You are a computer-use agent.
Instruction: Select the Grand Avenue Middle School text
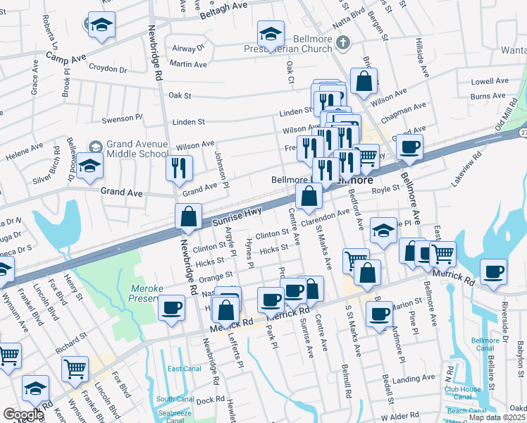[137, 149]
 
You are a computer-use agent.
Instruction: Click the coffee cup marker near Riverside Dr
[493, 271]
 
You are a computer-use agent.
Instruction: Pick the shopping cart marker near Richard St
[75, 367]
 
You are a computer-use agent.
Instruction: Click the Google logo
[23, 415]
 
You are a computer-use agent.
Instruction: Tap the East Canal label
[184, 369]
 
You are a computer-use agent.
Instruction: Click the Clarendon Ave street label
[325, 217]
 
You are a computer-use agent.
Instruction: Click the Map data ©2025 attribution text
[497, 417]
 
